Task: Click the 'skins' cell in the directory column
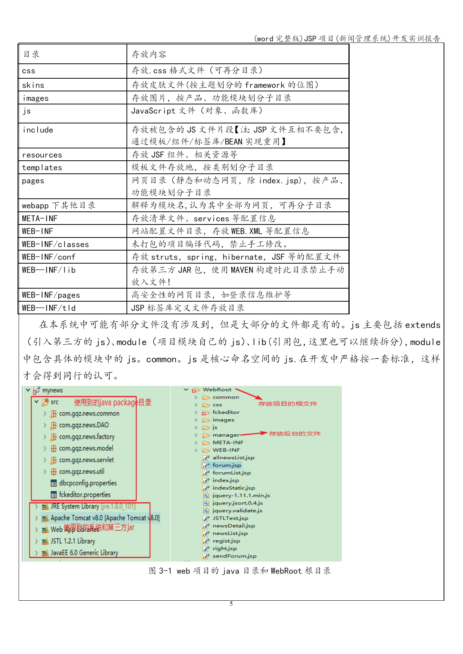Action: pos(33,85)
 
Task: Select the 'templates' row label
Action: pos(42,168)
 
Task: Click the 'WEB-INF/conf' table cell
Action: pos(49,257)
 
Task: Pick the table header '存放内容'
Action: pos(149,54)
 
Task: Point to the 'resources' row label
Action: pos(42,155)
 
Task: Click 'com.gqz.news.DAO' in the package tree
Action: pos(84,425)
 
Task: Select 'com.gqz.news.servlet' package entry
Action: pos(86,460)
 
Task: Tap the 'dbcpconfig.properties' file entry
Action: pos(88,483)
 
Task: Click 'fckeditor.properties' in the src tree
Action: pos(85,495)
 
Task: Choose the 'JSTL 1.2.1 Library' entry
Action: pos(73,541)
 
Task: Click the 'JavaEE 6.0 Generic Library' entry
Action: pos(84,553)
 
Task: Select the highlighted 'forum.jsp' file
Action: pos(226,465)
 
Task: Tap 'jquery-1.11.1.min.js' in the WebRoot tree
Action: pos(241,496)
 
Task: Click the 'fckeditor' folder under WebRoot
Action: pos(226,412)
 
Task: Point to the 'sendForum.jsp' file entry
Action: pos(234,556)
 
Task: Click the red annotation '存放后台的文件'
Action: pos(295,434)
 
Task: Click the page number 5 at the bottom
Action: pos(231,604)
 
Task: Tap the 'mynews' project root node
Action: pos(52,390)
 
